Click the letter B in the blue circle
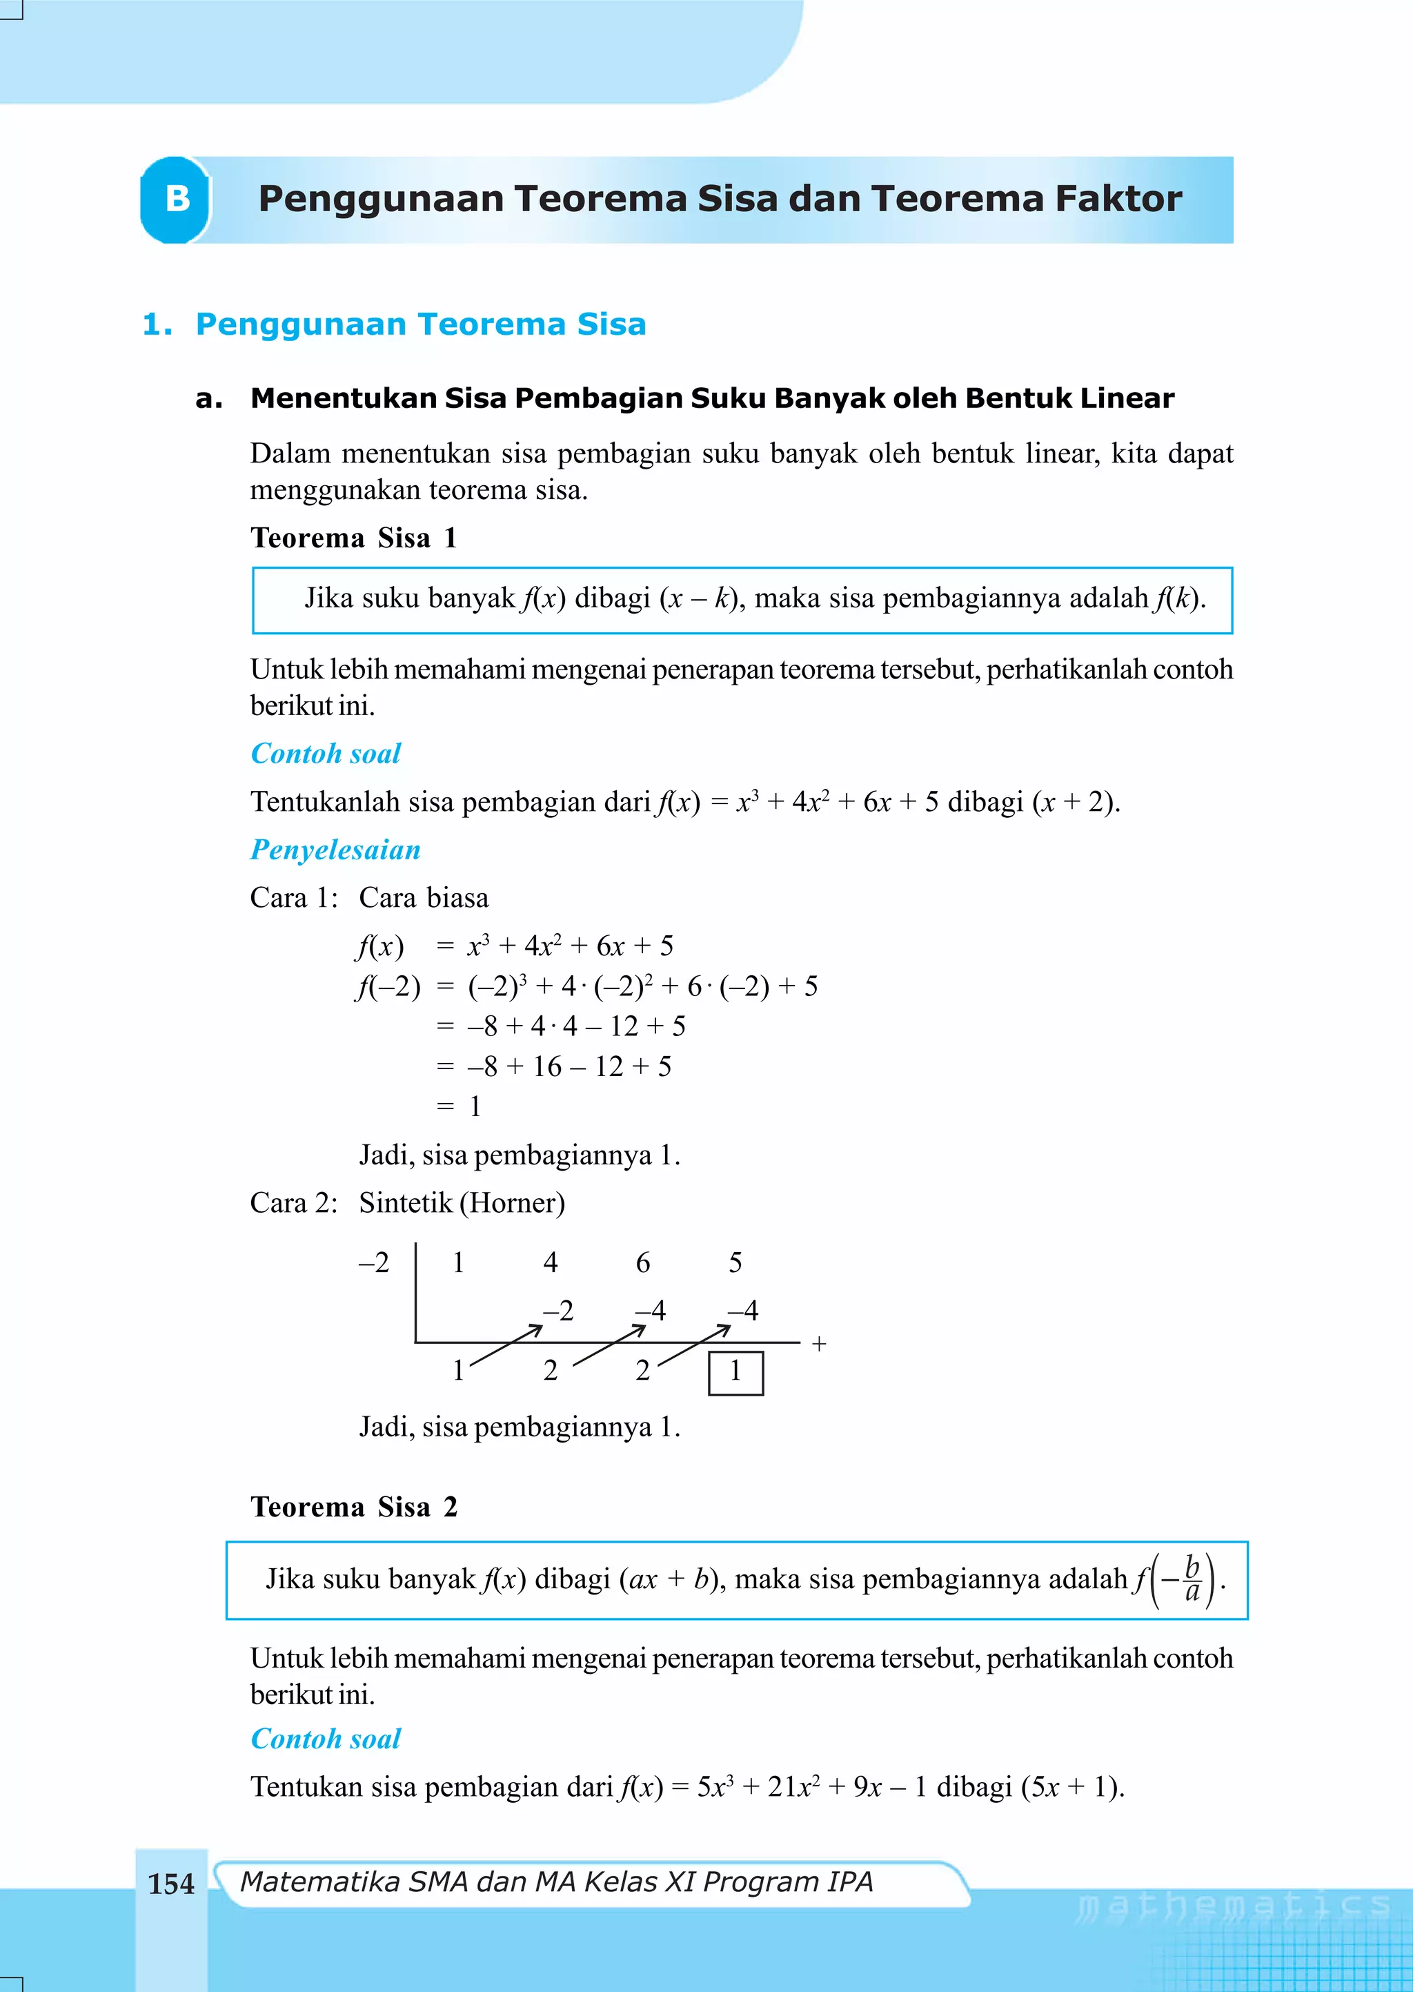177,199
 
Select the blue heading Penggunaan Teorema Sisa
420,324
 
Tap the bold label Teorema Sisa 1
353,538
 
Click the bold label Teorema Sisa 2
353,1506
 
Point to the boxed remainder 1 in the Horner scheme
735,1371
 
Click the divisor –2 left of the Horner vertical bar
374,1262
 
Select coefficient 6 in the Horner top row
643,1262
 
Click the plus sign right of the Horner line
819,1345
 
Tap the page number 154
171,1884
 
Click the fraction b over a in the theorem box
1192,1579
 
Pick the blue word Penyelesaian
335,850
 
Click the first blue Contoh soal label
326,754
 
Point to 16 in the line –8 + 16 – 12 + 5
547,1067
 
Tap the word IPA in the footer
850,1882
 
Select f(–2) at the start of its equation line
387,987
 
